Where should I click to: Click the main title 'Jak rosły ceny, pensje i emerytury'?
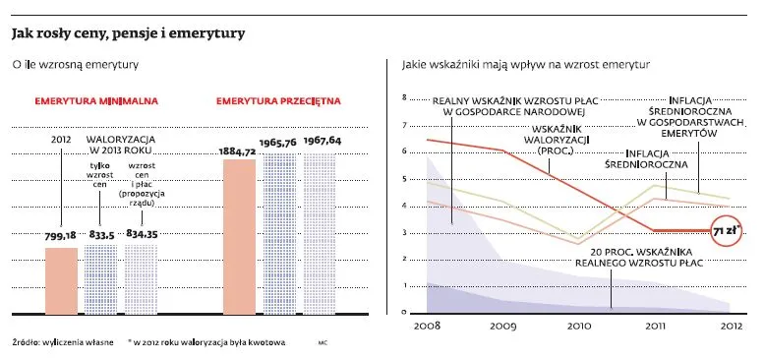coord(128,34)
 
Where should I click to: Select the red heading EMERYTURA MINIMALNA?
coord(96,101)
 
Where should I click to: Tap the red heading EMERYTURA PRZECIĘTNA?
coord(276,101)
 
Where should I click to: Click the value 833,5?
coord(101,236)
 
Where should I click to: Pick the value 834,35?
coord(142,236)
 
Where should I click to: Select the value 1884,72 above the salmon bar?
coord(238,152)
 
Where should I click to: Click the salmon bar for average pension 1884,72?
coord(239,236)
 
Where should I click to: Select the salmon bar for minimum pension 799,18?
coord(62,278)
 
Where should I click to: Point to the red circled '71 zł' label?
coord(727,231)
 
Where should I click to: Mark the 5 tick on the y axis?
coord(404,179)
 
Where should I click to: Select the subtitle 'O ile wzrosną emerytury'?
coord(74,65)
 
